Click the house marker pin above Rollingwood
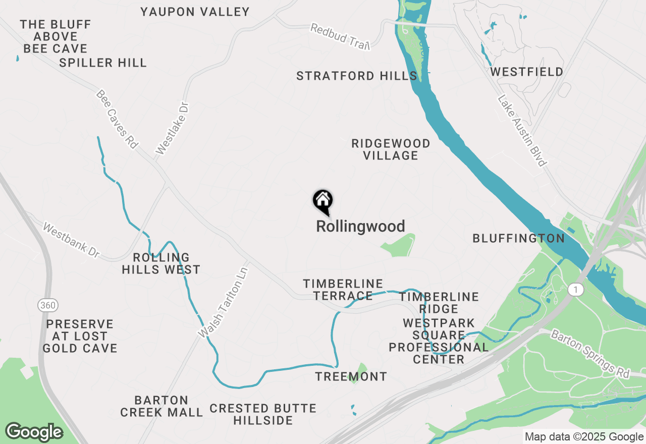[322, 201]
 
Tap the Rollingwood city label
[360, 227]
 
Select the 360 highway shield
[47, 305]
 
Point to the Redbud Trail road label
[340, 36]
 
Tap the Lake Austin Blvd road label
[522, 131]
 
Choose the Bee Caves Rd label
[117, 119]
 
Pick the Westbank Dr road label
[71, 241]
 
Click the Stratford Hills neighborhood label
[357, 76]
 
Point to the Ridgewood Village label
[391, 149]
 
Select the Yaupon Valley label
[195, 12]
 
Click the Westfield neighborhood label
[527, 72]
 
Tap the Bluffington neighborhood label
[518, 239]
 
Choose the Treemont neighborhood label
[351, 376]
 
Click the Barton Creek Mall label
[161, 406]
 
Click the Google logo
[34, 432]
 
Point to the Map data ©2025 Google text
[584, 437]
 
